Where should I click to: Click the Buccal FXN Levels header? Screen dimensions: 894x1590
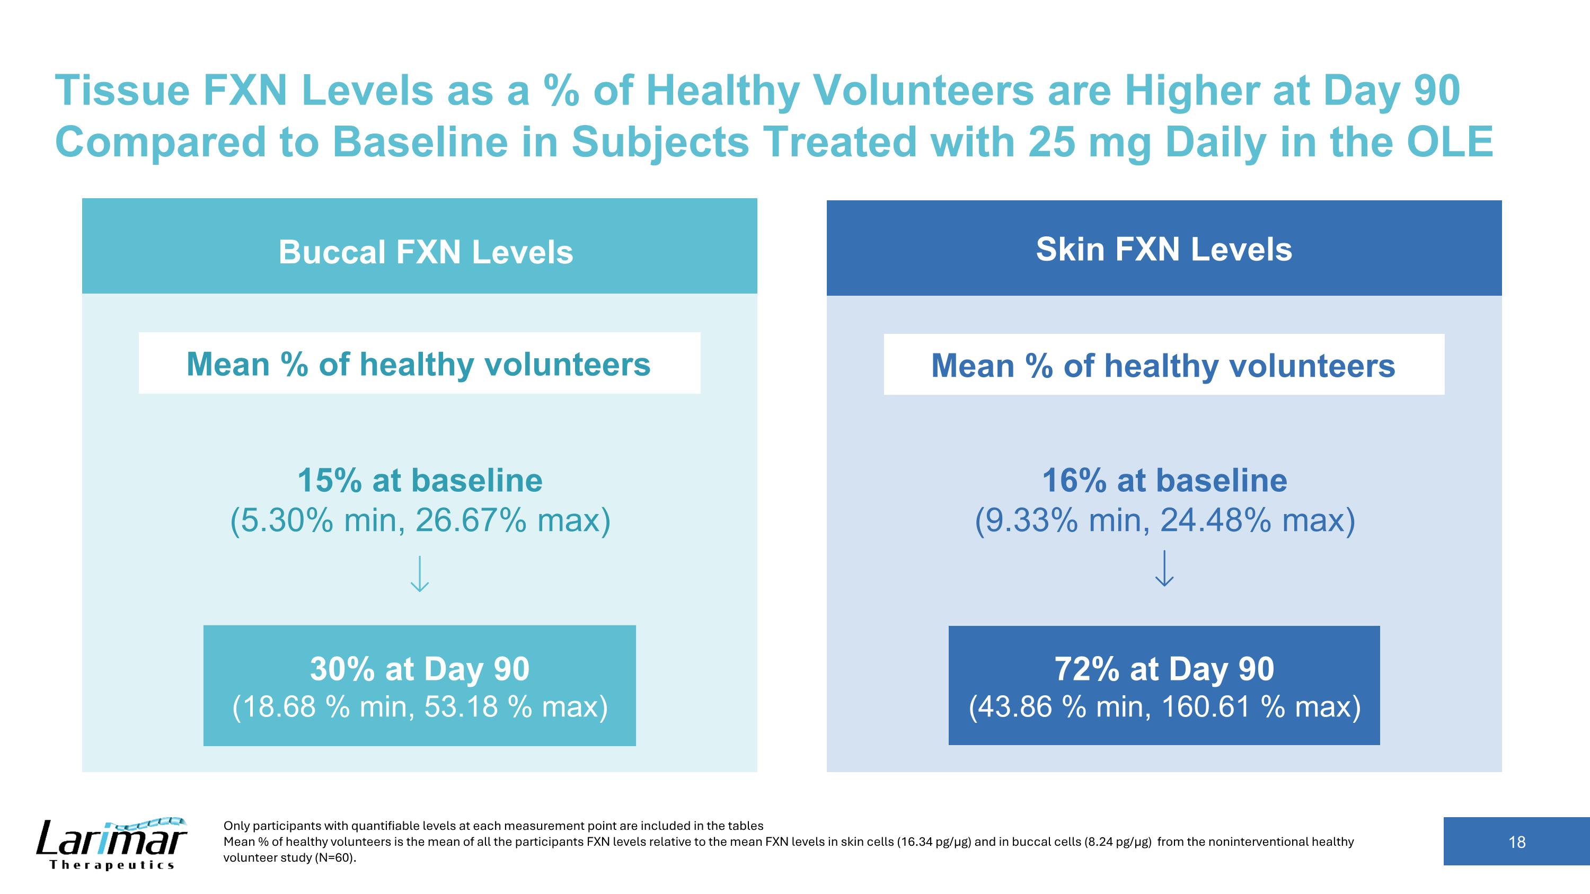425,252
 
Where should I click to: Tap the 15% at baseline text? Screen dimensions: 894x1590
420,480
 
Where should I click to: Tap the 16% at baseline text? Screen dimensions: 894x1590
1164,480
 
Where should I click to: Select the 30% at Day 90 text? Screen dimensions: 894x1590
420,669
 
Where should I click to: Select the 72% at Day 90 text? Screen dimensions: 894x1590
1164,669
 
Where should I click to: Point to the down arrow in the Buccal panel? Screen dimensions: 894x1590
420,574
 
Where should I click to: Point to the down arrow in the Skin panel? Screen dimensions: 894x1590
1164,568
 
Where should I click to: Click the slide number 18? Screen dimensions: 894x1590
1516,842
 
